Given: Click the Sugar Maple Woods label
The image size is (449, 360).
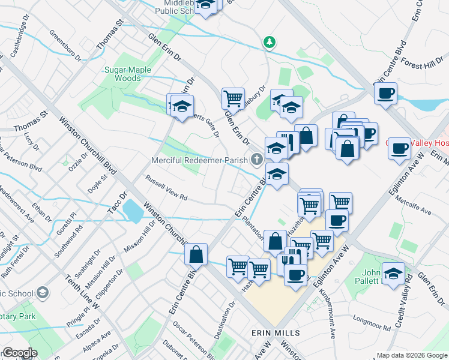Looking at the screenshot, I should (x=127, y=74).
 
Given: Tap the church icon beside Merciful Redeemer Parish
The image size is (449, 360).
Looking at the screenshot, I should (x=257, y=158).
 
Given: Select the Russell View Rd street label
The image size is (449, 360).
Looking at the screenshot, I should (x=167, y=188).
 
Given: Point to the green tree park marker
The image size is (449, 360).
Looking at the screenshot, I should (x=270, y=42).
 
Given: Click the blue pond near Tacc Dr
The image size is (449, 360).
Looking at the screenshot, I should (x=133, y=211).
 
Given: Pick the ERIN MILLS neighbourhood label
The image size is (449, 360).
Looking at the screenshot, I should (x=276, y=332).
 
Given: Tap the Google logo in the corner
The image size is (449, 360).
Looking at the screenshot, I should (x=19, y=353).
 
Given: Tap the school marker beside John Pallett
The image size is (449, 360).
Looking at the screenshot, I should (x=393, y=274).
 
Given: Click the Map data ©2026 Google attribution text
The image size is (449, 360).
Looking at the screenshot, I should (x=411, y=355).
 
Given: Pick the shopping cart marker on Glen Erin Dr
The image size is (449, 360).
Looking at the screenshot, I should (x=232, y=97).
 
